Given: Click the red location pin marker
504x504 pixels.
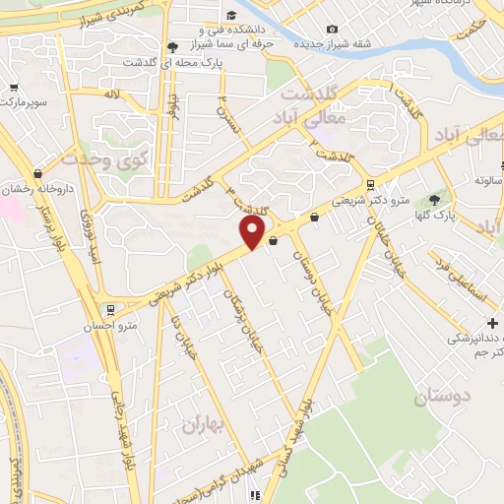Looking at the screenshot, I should pyautogui.click(x=253, y=232).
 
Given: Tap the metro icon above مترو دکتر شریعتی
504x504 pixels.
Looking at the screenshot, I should pyautogui.click(x=369, y=184).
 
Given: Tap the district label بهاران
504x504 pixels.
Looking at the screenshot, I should pyautogui.click(x=202, y=425).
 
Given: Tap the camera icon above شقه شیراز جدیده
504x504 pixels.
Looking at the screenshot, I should pyautogui.click(x=332, y=30).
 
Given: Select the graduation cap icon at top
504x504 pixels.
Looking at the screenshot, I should pyautogui.click(x=230, y=15).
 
